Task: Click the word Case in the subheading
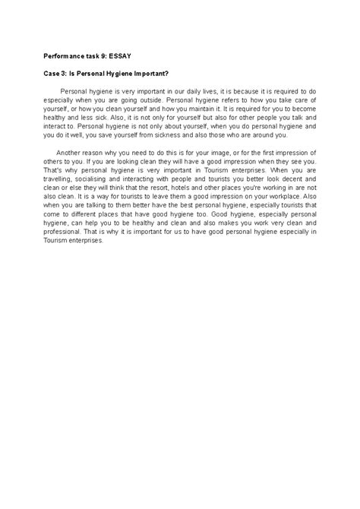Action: pos(49,73)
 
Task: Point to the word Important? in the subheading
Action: pos(147,73)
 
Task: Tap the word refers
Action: pos(219,98)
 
